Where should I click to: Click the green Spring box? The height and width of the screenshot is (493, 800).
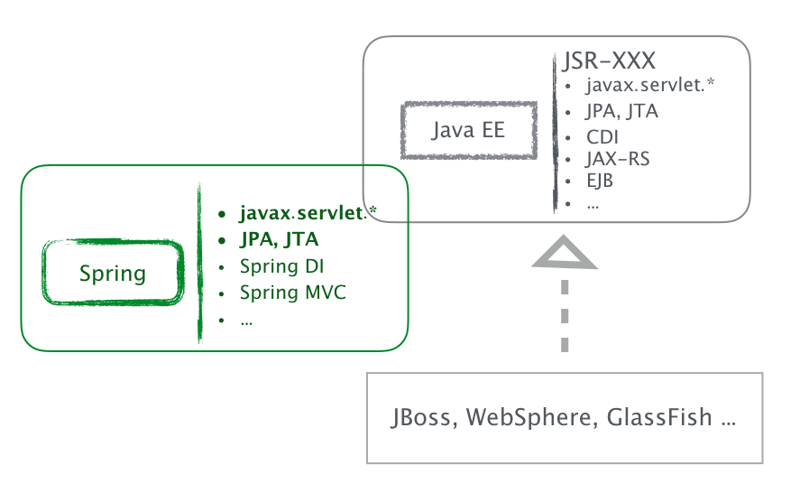pyautogui.click(x=114, y=273)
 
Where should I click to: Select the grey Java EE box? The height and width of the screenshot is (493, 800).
pyautogui.click(x=468, y=130)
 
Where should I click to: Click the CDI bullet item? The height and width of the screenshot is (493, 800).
pyautogui.click(x=602, y=137)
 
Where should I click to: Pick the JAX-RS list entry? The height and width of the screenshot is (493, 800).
pyautogui.click(x=618, y=159)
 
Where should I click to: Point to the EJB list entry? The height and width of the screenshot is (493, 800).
pyautogui.click(x=600, y=180)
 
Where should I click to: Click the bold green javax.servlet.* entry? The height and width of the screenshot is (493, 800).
pyautogui.click(x=307, y=214)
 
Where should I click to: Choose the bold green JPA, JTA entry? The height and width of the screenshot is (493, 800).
pyautogui.click(x=279, y=240)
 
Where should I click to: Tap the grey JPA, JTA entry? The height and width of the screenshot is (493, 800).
pyautogui.click(x=621, y=112)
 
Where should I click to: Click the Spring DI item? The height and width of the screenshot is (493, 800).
pyautogui.click(x=281, y=266)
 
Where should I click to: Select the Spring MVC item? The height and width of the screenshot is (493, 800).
pyautogui.click(x=292, y=293)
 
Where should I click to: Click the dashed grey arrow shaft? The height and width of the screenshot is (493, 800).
pyautogui.click(x=565, y=315)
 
